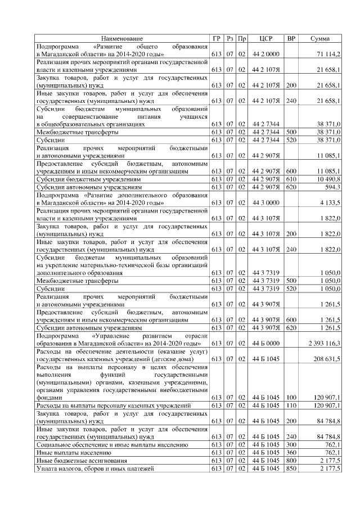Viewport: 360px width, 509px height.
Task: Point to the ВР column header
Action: (x=291, y=38)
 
